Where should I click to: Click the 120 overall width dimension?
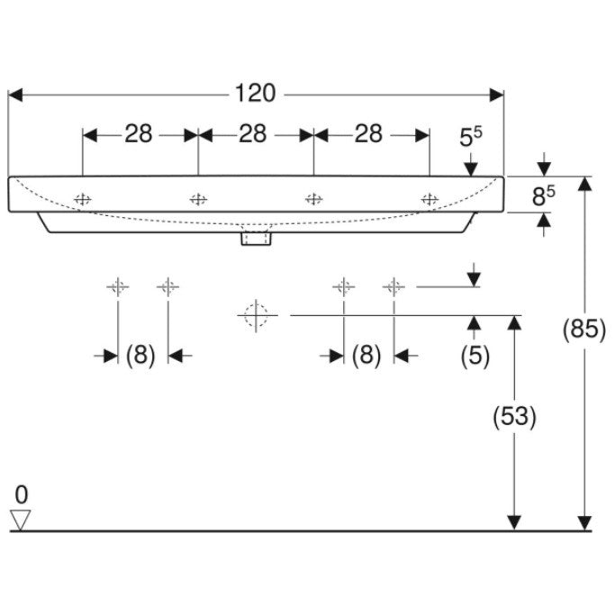point(256,94)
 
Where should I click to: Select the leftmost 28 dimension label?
point(139,134)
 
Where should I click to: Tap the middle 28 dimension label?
point(253,134)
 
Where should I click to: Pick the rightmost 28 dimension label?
point(368,134)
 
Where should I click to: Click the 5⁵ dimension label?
point(471,136)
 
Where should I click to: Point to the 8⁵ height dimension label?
point(544,195)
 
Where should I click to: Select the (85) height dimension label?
point(584,329)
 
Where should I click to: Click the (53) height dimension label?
point(514,416)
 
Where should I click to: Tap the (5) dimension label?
point(475,356)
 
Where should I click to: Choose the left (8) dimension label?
point(140,356)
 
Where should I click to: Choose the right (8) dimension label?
point(366,356)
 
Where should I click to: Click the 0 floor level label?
point(22,494)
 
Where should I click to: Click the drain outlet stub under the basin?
point(256,239)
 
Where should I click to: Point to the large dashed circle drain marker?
point(256,315)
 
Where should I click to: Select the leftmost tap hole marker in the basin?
point(83,200)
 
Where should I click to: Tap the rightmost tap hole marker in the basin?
point(430,200)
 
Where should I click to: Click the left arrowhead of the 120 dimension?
point(15,95)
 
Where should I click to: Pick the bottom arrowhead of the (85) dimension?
point(584,524)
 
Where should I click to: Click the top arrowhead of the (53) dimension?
point(514,322)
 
